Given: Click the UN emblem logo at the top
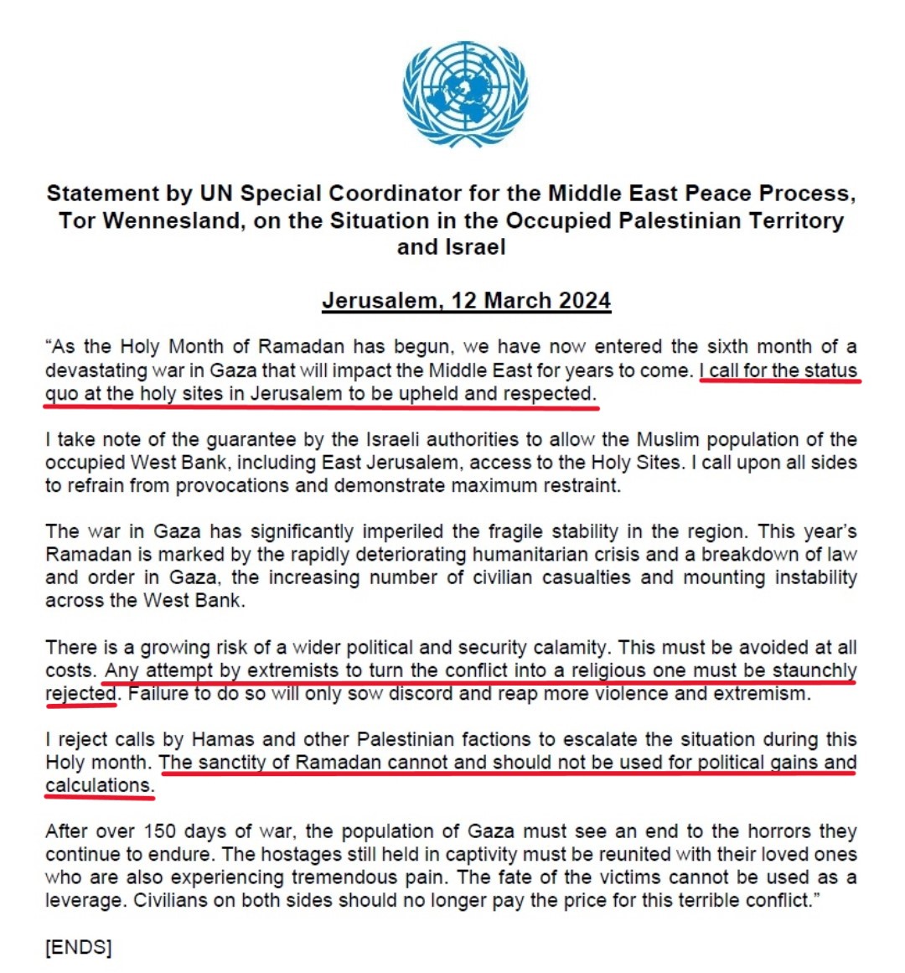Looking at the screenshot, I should click(x=464, y=94).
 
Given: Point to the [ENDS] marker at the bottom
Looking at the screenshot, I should click(x=78, y=947).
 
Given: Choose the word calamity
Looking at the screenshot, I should click(x=568, y=648).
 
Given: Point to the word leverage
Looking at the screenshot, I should click(x=82, y=901).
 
